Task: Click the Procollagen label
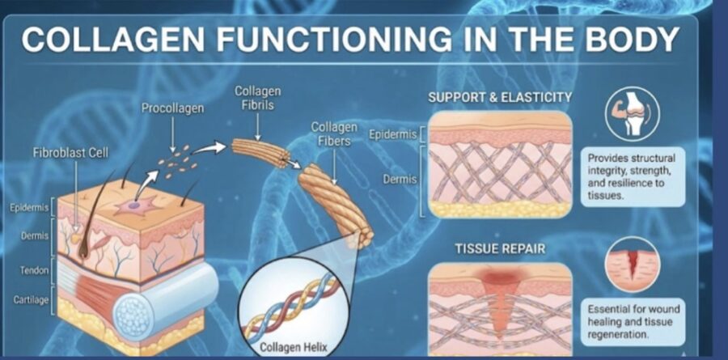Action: (173, 108)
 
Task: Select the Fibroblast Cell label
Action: (70, 151)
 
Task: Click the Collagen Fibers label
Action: (335, 134)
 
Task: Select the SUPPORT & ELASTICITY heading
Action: (500, 97)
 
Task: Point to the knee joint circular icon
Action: (633, 113)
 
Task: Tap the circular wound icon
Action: (633, 266)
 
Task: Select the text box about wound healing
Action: (632, 321)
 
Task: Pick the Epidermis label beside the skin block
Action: (30, 208)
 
